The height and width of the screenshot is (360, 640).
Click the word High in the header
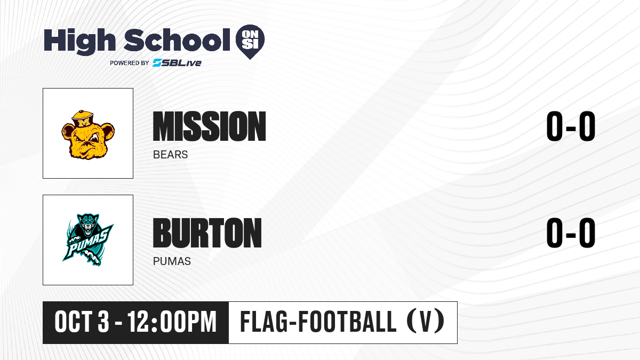pos(79,41)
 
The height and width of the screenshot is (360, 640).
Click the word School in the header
pos(177,40)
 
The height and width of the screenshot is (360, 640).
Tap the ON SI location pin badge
pos(250,42)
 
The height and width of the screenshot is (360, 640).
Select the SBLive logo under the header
pos(177,62)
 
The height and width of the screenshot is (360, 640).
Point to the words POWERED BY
pos(130,63)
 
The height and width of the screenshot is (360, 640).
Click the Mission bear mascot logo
pos(88,134)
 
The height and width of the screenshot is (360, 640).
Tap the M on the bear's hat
pos(84,123)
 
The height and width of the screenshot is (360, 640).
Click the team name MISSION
pos(210,126)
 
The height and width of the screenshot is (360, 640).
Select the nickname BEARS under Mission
pos(170,155)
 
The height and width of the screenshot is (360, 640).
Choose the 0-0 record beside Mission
pos(571,126)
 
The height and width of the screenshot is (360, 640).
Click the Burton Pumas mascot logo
pos(88,240)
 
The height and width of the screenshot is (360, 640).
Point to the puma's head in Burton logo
pos(88,225)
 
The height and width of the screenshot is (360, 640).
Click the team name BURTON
pos(207,233)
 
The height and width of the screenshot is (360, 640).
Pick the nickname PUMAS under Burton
pos(172,261)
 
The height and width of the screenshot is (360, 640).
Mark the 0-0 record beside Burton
pos(571,233)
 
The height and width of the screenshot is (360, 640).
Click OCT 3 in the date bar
pos(82,322)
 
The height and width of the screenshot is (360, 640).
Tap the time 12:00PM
pos(172,322)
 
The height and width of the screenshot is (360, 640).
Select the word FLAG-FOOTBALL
pos(318,322)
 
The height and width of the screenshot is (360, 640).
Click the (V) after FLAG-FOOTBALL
pos(426,322)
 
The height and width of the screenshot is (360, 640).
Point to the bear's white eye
pos(94,138)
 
